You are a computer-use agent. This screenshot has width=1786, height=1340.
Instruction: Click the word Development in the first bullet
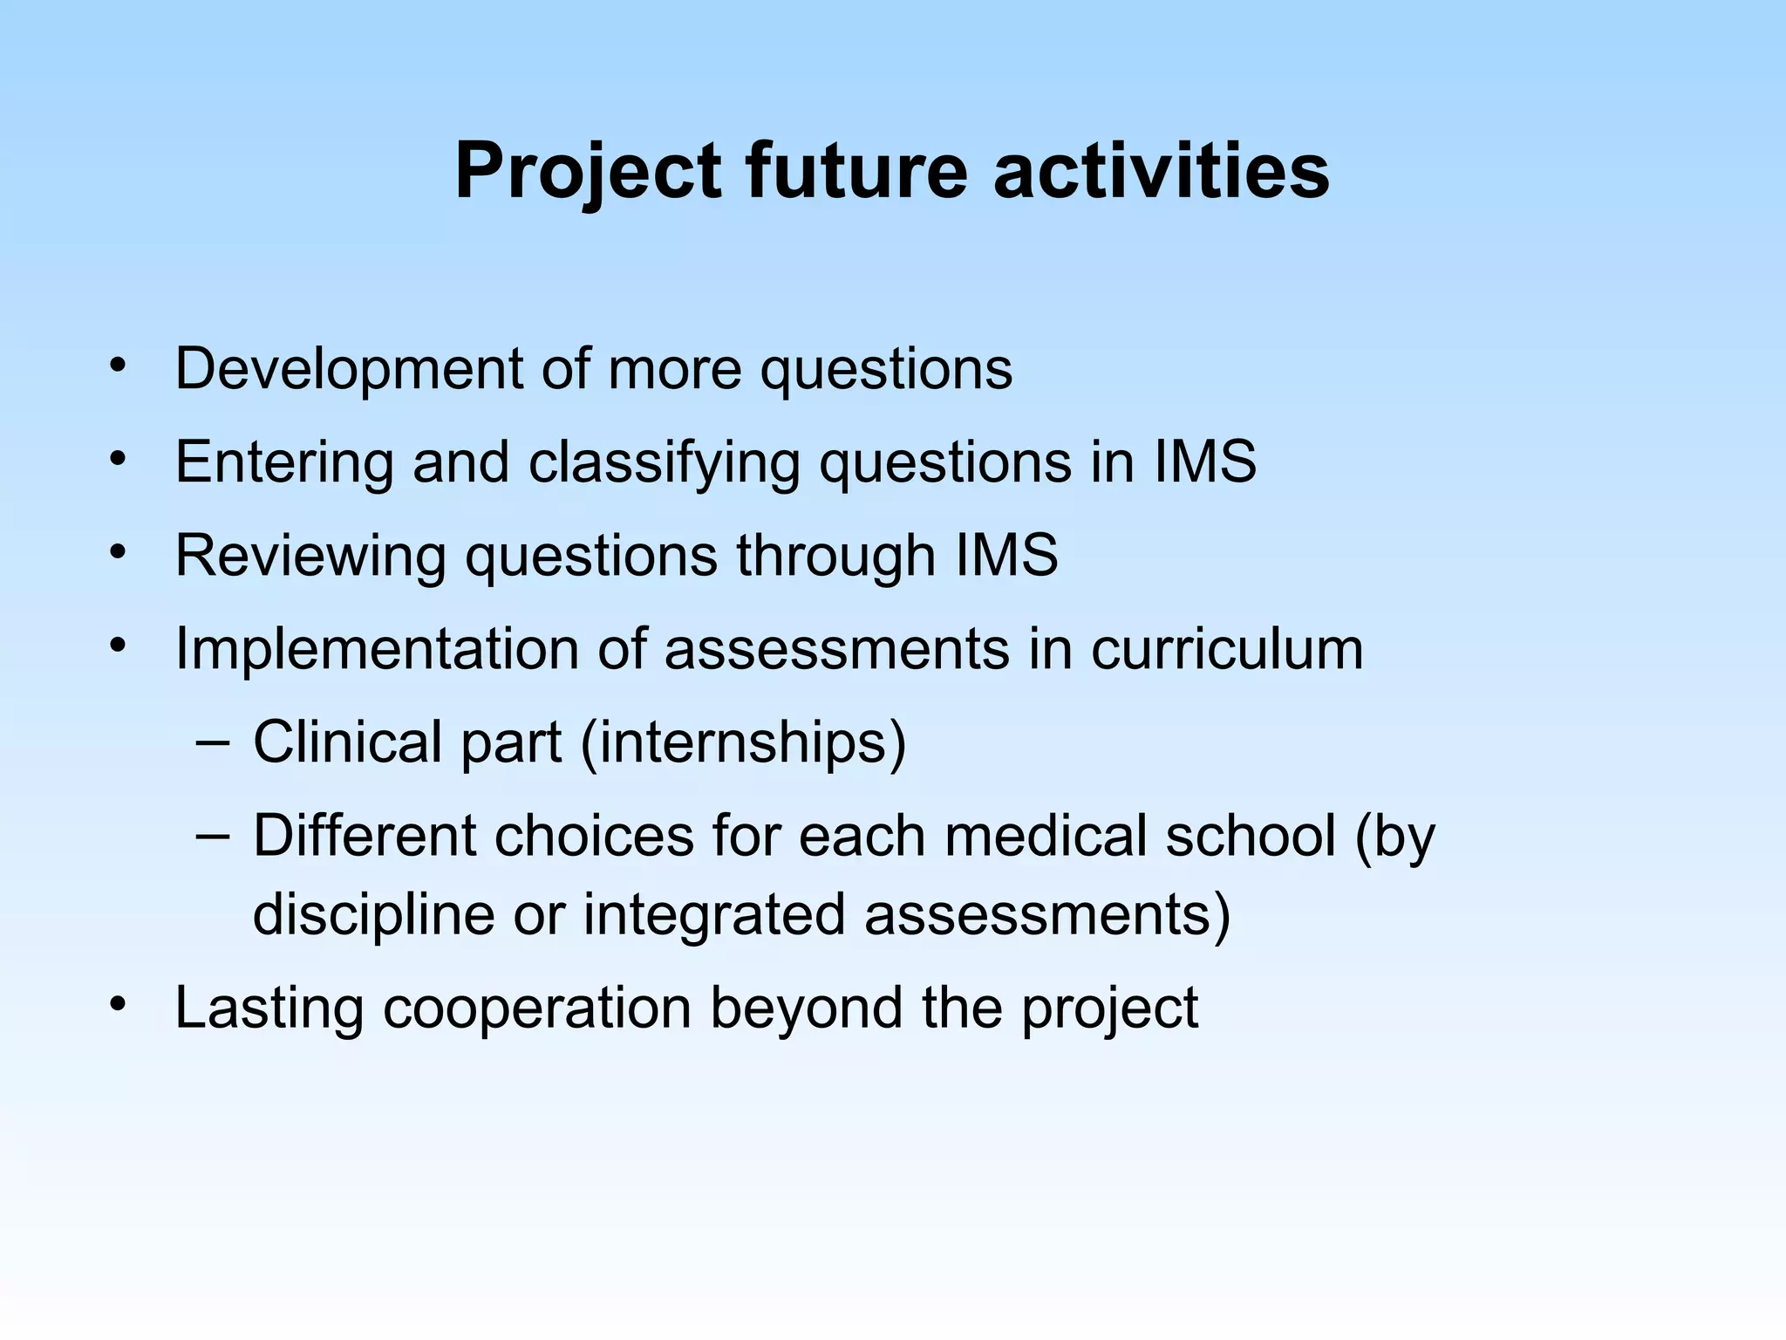coord(348,370)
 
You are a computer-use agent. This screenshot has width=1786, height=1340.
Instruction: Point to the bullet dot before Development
coord(118,365)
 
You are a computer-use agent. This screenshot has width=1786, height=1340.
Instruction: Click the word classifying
coord(664,463)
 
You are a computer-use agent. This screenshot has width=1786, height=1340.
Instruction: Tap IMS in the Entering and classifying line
coord(1205,461)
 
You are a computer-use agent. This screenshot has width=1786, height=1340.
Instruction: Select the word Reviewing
coord(310,557)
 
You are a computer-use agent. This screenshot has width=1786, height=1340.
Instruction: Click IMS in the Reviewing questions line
coord(1006,555)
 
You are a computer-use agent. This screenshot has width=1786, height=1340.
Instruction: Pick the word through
coord(835,557)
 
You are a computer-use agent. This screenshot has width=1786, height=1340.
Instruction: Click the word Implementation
coord(376,650)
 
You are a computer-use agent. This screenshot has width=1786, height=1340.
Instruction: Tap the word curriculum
coord(1227,650)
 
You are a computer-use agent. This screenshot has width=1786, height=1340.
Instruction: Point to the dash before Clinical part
coord(213,742)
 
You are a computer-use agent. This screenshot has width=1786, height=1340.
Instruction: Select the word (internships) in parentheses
coord(743,743)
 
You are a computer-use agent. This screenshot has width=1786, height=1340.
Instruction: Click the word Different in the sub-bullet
coord(365,836)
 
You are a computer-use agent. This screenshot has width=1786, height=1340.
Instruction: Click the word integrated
coord(714,915)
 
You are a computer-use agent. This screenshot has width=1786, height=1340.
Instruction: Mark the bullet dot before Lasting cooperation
coord(118,1003)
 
